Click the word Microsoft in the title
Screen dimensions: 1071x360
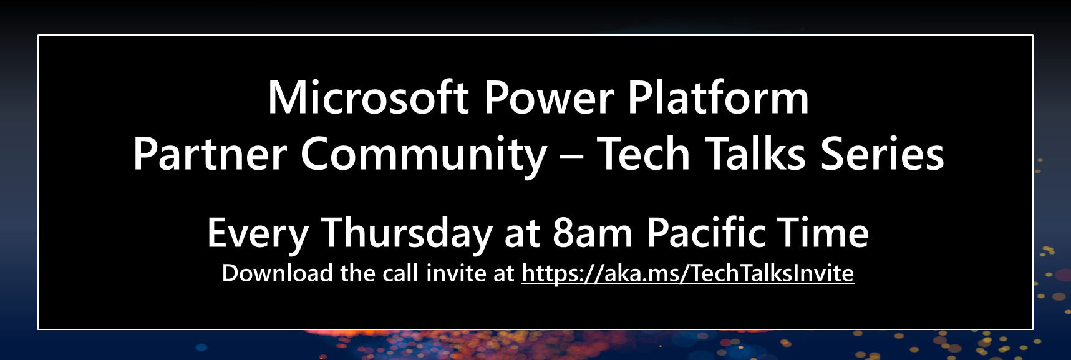click(x=368, y=97)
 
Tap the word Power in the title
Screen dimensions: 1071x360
click(x=549, y=99)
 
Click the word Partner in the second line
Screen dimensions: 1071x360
click(x=210, y=154)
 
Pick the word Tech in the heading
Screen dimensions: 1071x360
click(x=643, y=153)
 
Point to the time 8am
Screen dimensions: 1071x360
click(x=593, y=233)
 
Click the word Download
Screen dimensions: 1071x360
click(x=278, y=273)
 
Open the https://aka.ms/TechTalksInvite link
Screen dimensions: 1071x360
click(x=687, y=274)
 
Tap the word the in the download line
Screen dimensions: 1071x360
click(x=358, y=273)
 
